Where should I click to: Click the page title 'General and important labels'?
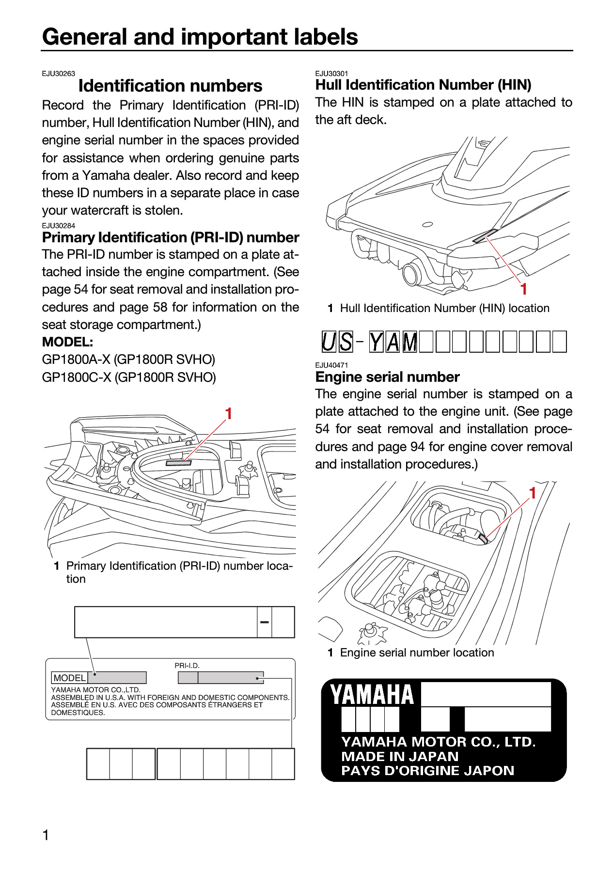pos(200,37)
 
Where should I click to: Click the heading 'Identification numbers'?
pos(170,86)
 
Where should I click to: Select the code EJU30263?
pos(59,74)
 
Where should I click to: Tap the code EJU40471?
pos(332,365)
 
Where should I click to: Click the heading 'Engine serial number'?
pos(387,377)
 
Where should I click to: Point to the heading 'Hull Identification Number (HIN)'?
pos(424,85)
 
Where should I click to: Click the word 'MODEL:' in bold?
pos(68,342)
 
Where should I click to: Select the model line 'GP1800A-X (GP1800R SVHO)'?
pos(128,359)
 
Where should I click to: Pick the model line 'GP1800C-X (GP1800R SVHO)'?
pos(129,377)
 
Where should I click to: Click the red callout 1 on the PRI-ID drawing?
pos(229,413)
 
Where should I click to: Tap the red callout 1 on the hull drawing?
pos(523,289)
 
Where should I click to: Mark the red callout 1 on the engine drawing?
pos(532,493)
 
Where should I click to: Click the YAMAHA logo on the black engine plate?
pos(372,695)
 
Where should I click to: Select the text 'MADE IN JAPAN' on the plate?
pos(400,756)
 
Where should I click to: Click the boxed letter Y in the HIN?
pos(376,342)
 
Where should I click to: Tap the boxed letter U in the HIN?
pos(329,342)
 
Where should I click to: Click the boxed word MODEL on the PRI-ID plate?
pos(70,678)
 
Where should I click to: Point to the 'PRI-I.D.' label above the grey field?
pos(187,666)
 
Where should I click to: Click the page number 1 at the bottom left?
pos(46,835)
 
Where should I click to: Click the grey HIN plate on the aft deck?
pos(485,235)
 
